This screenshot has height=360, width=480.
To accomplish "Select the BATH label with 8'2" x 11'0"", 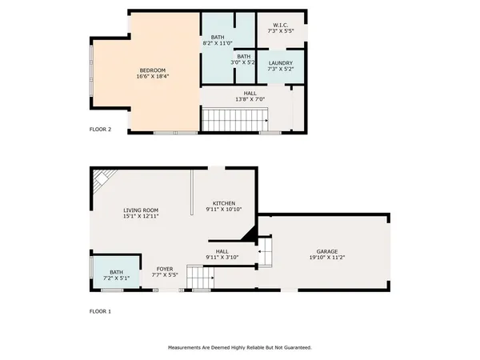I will click(x=218, y=37).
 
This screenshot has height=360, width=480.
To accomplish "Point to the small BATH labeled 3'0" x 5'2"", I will click(x=243, y=56).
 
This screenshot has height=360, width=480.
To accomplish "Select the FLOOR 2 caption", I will click(x=100, y=129).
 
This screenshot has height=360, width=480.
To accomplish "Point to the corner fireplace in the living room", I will click(x=102, y=182).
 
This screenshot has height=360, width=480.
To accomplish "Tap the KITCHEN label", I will click(x=223, y=202).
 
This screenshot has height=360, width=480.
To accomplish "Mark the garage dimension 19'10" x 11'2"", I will click(x=325, y=258).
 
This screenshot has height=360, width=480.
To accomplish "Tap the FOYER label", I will click(x=165, y=269).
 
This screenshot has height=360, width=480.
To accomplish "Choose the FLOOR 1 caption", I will click(x=100, y=310).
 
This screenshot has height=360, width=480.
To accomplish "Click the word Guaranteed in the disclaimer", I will click(x=294, y=347).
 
